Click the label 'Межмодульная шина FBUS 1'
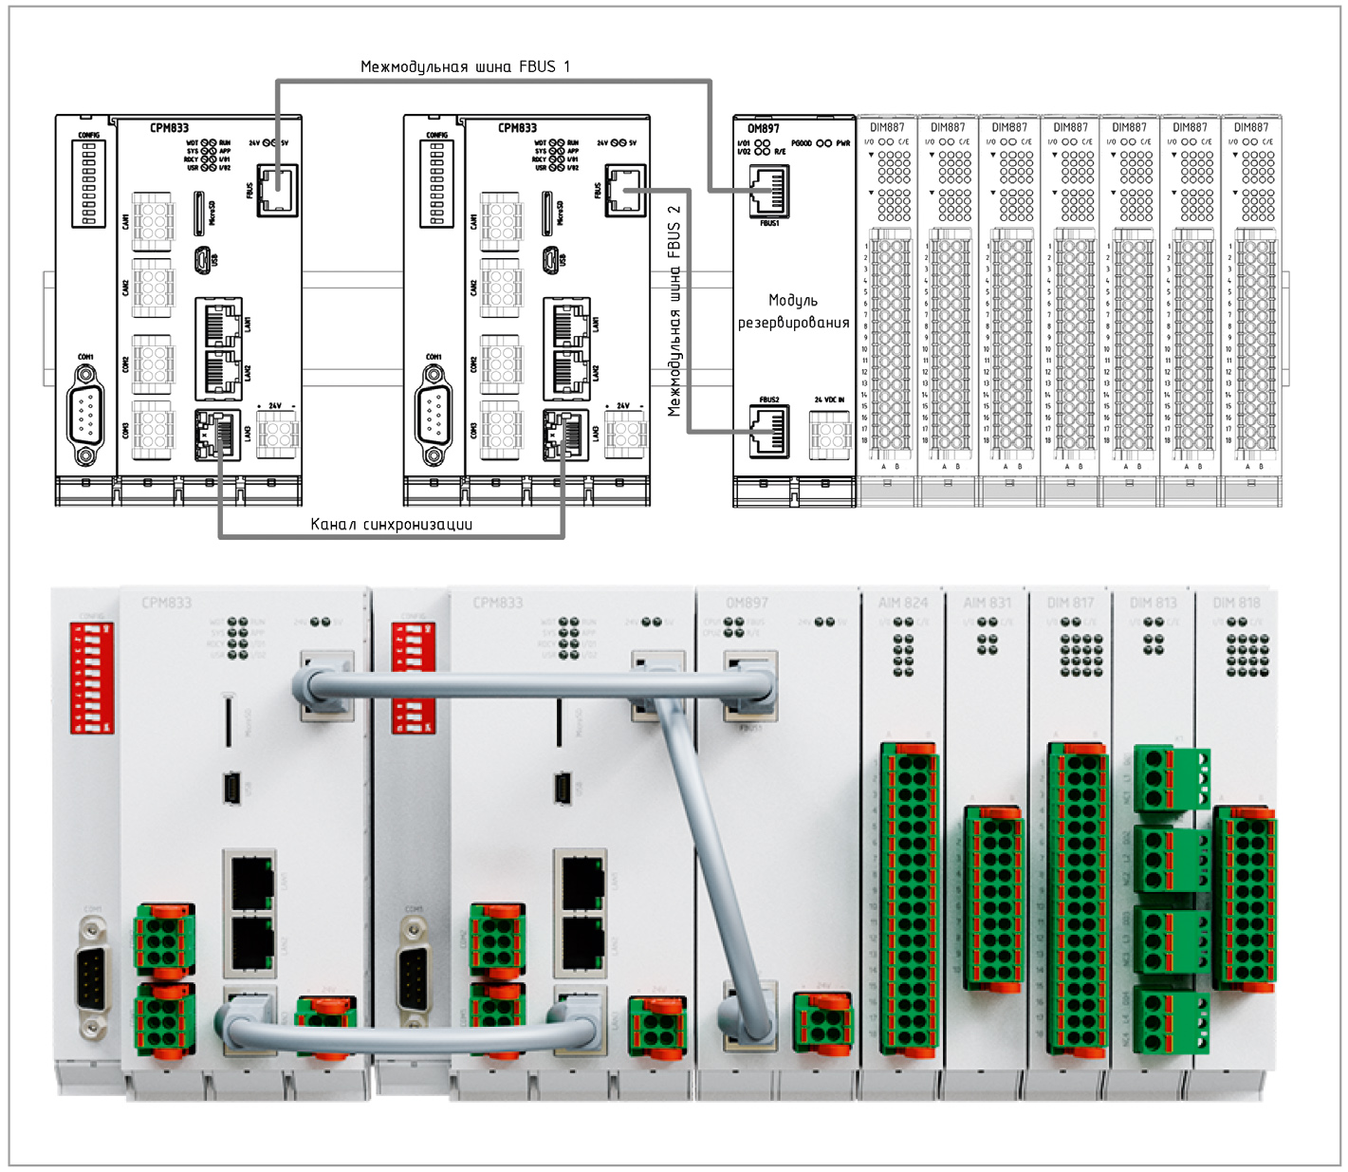click(465, 66)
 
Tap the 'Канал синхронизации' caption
click(391, 524)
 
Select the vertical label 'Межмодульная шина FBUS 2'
click(674, 311)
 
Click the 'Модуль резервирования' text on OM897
click(793, 311)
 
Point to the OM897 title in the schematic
click(763, 128)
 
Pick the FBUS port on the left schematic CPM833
click(277, 189)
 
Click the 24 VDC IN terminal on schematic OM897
click(830, 435)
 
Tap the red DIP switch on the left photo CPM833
click(92, 677)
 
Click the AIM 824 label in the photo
click(903, 603)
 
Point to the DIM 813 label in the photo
click(1153, 603)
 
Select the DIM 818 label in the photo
click(1236, 603)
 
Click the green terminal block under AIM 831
click(993, 898)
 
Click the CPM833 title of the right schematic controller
click(517, 127)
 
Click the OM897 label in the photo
click(747, 603)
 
